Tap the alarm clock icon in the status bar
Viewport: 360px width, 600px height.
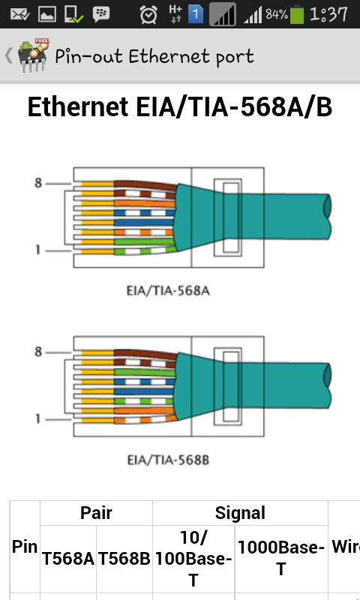(x=148, y=14)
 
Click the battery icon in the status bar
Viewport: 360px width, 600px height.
(x=297, y=14)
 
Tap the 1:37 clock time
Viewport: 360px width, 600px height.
(x=329, y=14)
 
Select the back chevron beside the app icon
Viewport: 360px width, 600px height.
(x=8, y=55)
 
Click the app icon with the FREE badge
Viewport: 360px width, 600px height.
(x=34, y=55)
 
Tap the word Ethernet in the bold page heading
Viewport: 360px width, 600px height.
(x=78, y=106)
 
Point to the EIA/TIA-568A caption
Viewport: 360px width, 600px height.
(x=168, y=291)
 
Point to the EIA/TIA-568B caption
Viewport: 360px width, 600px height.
(x=168, y=460)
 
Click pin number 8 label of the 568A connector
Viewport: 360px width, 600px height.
(x=37, y=183)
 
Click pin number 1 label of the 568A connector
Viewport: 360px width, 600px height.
(x=37, y=250)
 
